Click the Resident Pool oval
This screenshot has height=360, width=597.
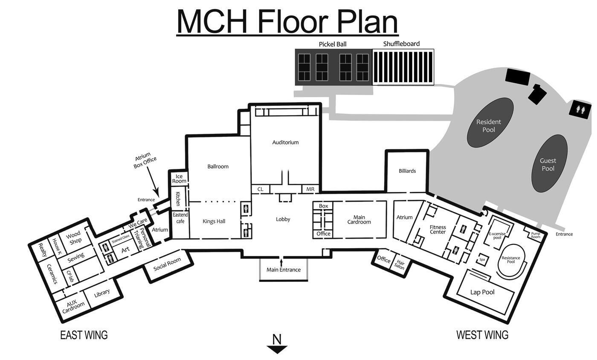[x=489, y=125]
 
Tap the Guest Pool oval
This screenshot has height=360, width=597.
[x=548, y=164]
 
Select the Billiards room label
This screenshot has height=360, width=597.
[x=407, y=171]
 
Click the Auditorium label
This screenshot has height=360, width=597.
[x=285, y=142]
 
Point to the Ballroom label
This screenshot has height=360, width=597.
[x=218, y=167]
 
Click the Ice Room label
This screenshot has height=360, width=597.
[x=179, y=179]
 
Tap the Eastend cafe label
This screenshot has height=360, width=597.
[x=180, y=218]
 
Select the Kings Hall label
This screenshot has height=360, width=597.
[x=214, y=221]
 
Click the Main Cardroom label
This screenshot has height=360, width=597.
[x=359, y=220]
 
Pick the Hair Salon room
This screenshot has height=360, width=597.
[x=400, y=265]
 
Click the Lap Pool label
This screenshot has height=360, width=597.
[x=482, y=292]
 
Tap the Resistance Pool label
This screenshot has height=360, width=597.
[x=511, y=260]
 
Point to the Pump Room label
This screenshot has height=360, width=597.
[x=536, y=235]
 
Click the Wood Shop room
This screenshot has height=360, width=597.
[x=73, y=238]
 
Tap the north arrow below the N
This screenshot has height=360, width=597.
[x=277, y=349]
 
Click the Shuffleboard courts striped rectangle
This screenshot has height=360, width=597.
[x=403, y=67]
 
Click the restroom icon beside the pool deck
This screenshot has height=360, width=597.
[x=580, y=110]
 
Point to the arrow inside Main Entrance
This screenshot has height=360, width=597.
[x=281, y=261]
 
